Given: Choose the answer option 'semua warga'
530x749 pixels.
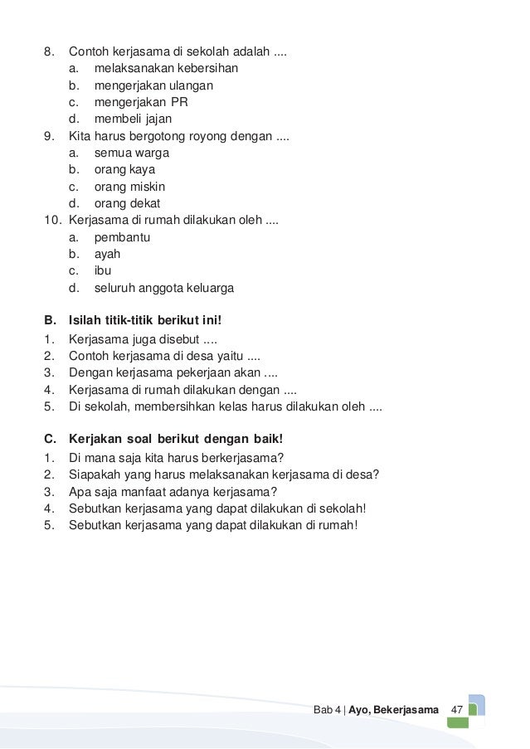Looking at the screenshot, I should click(x=132, y=153).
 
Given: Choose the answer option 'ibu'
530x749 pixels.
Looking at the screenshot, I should click(x=103, y=271).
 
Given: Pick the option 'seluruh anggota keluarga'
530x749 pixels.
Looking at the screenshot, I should click(x=163, y=289).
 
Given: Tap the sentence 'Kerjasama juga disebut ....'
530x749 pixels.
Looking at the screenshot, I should click(x=143, y=338).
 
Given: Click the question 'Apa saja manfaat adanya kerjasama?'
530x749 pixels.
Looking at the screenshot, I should click(x=173, y=491).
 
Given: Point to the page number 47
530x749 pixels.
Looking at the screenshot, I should click(x=456, y=711).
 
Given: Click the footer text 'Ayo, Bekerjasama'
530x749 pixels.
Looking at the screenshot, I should click(x=394, y=711).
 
